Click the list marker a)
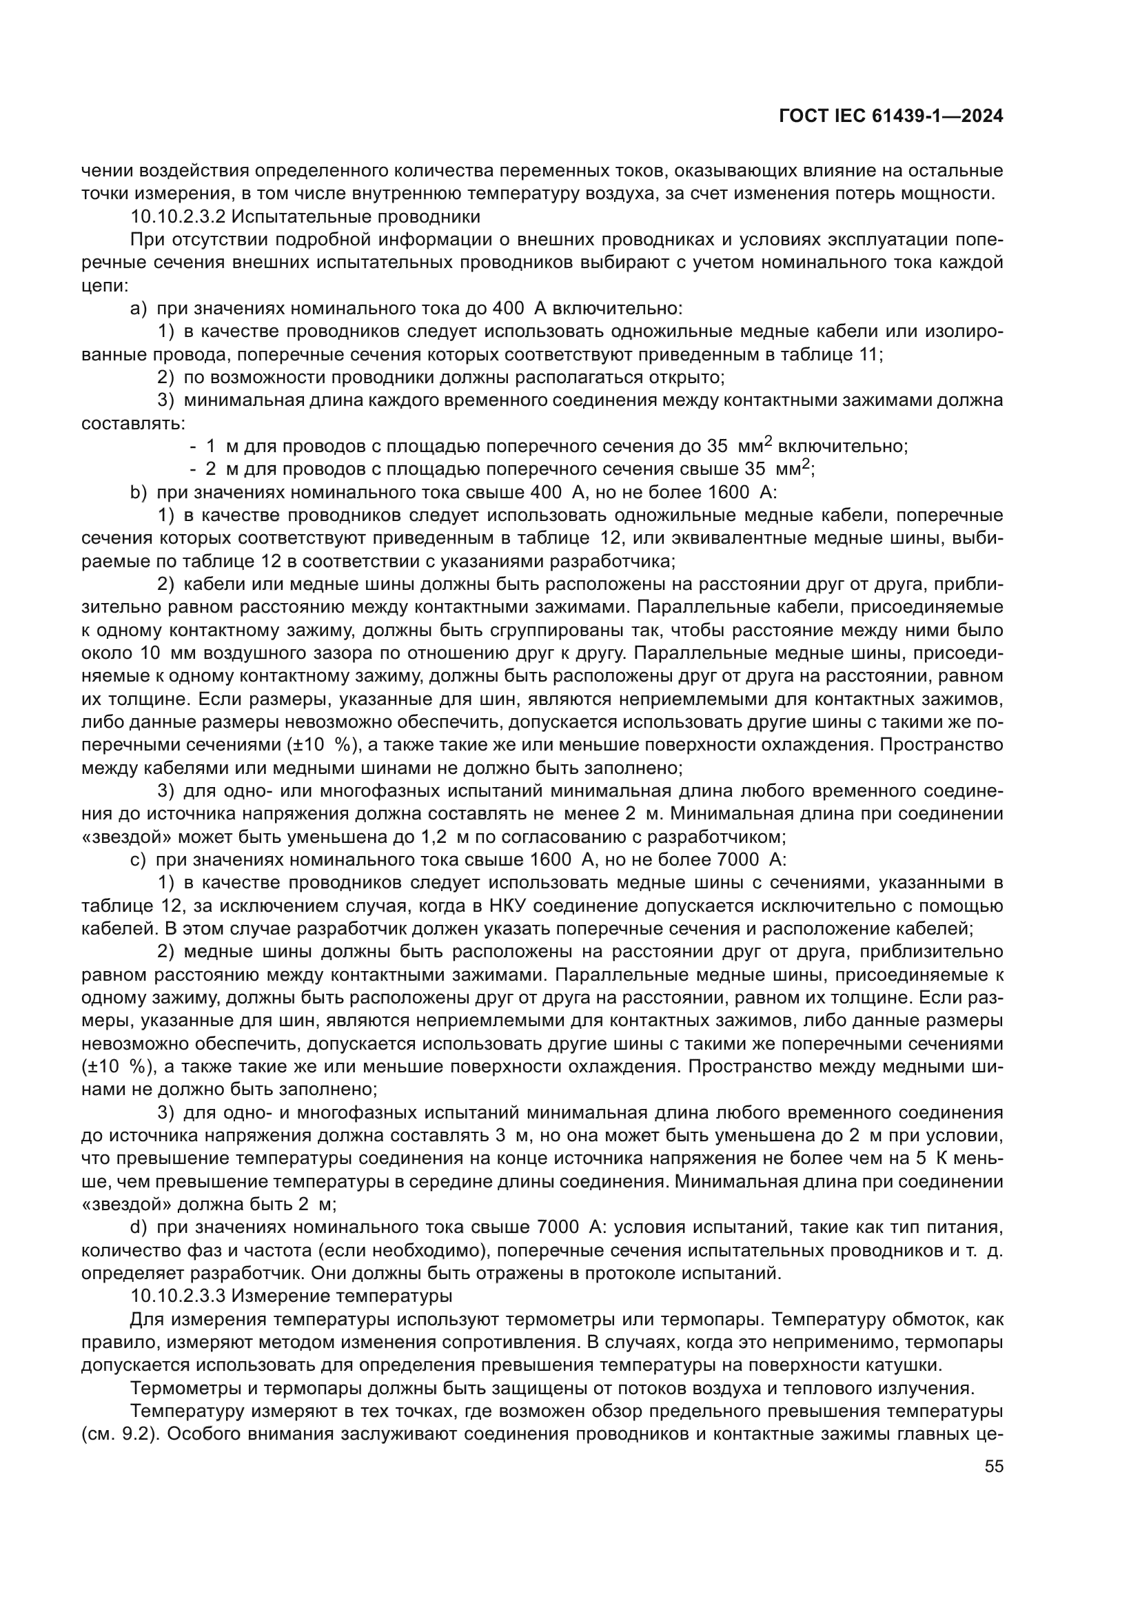(x=139, y=308)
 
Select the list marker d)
(x=139, y=1227)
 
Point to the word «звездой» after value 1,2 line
(x=126, y=837)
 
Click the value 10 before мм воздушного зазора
(x=150, y=653)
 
